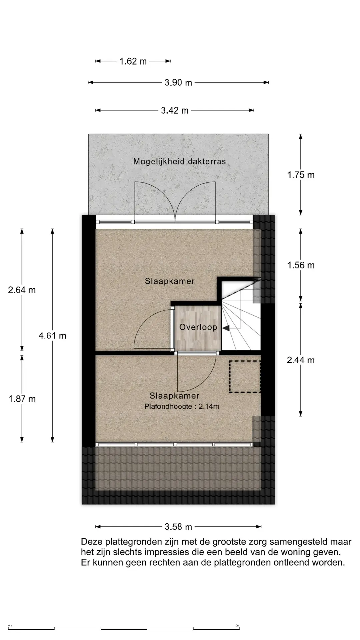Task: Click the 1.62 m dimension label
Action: pyautogui.click(x=133, y=61)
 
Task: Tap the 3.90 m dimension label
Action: pyautogui.click(x=178, y=83)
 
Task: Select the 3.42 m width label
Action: pyautogui.click(x=175, y=110)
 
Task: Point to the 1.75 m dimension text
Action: pyautogui.click(x=301, y=175)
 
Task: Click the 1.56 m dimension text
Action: pyautogui.click(x=301, y=265)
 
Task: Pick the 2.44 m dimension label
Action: pyautogui.click(x=301, y=360)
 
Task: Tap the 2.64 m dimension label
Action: pyautogui.click(x=22, y=290)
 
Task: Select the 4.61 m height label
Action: pyautogui.click(x=52, y=336)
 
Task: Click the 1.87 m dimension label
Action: pyautogui.click(x=22, y=399)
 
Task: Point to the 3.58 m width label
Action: pyautogui.click(x=178, y=527)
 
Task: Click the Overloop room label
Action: pyautogui.click(x=198, y=327)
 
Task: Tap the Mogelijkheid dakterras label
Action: pyautogui.click(x=179, y=162)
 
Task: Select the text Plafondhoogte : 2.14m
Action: pyautogui.click(x=182, y=406)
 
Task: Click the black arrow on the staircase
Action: pyautogui.click(x=226, y=329)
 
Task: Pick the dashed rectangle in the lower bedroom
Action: pyautogui.click(x=245, y=376)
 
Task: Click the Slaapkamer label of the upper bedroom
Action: pyautogui.click(x=170, y=281)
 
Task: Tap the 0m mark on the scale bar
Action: pyautogui.click(x=10, y=625)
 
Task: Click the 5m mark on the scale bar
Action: pyautogui.click(x=237, y=625)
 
